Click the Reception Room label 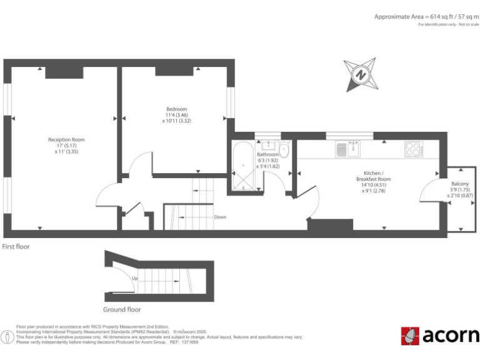click(x=66, y=139)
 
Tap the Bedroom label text click(x=176, y=109)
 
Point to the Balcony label click(x=460, y=184)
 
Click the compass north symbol click(x=361, y=74)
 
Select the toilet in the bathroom click(x=283, y=148)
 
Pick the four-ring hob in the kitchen click(x=413, y=149)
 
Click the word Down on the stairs click(x=219, y=217)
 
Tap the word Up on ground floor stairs click(x=134, y=278)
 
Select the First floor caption click(x=16, y=247)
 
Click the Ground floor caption click(x=122, y=309)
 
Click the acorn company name click(x=450, y=336)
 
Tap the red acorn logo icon click(x=410, y=336)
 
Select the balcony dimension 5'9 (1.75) click(x=460, y=190)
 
